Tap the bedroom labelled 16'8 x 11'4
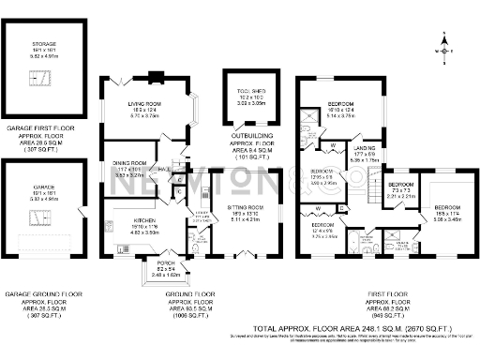446,208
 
